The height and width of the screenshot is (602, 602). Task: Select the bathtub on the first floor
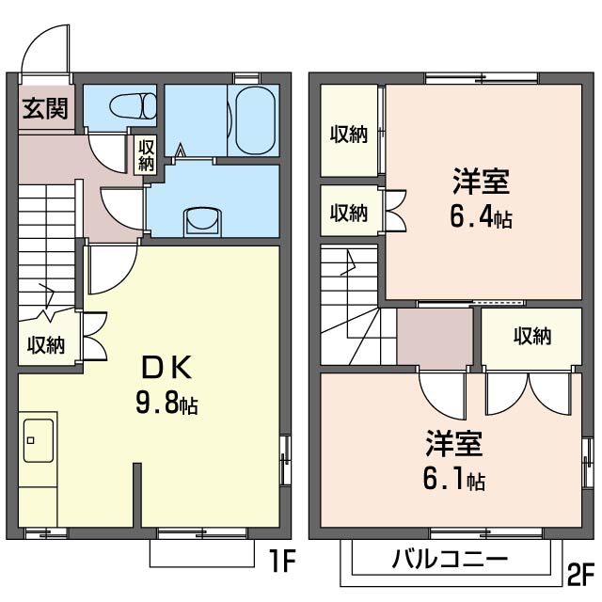pyautogui.click(x=254, y=120)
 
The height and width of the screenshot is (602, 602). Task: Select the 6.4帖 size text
pyautogui.click(x=480, y=217)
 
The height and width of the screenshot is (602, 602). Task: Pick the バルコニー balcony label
pyautogui.click(x=450, y=560)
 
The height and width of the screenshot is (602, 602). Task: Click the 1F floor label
pyautogui.click(x=282, y=562)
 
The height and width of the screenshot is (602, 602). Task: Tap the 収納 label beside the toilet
pyautogui.click(x=146, y=154)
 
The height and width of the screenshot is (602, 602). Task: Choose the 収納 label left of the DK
pyautogui.click(x=45, y=344)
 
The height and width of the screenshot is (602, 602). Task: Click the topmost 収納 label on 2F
pyautogui.click(x=348, y=135)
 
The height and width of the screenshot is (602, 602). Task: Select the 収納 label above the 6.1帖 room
pyautogui.click(x=532, y=336)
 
